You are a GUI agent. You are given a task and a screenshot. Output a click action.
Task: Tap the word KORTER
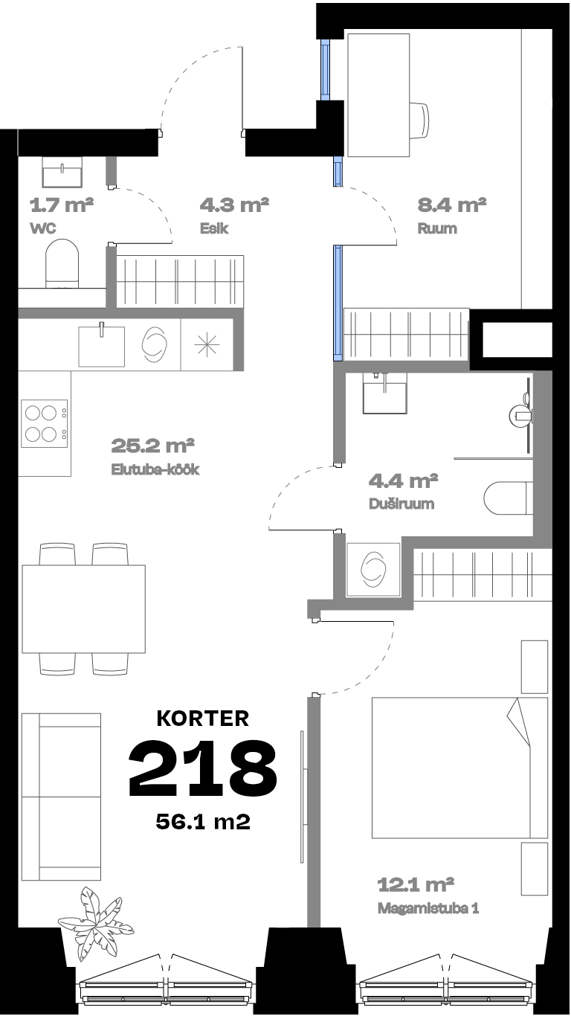(203, 719)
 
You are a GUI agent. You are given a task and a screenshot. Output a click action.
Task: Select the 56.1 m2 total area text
(203, 822)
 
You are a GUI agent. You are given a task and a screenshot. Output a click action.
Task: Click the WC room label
(43, 228)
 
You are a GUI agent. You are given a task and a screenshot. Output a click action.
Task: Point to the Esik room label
(214, 228)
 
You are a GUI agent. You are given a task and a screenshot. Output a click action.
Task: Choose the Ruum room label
(437, 228)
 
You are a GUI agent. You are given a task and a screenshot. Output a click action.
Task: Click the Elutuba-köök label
(155, 469)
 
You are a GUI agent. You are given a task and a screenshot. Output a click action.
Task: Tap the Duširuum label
(401, 504)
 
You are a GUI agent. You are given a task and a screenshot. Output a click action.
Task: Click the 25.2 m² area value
(152, 446)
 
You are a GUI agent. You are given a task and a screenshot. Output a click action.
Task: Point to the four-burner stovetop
(44, 423)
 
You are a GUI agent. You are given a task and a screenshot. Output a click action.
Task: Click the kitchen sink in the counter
(101, 345)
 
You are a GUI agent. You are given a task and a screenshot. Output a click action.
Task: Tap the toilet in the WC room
(62, 264)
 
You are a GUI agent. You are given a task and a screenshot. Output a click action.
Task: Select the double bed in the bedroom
(459, 768)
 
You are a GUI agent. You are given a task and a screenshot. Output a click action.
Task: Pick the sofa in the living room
(62, 797)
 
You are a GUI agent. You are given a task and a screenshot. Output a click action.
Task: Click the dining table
(84, 608)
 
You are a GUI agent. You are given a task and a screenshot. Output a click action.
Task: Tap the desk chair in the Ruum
(419, 120)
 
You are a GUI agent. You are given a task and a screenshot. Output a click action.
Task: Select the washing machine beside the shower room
(373, 570)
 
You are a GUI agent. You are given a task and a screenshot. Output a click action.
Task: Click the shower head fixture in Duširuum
(521, 415)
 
